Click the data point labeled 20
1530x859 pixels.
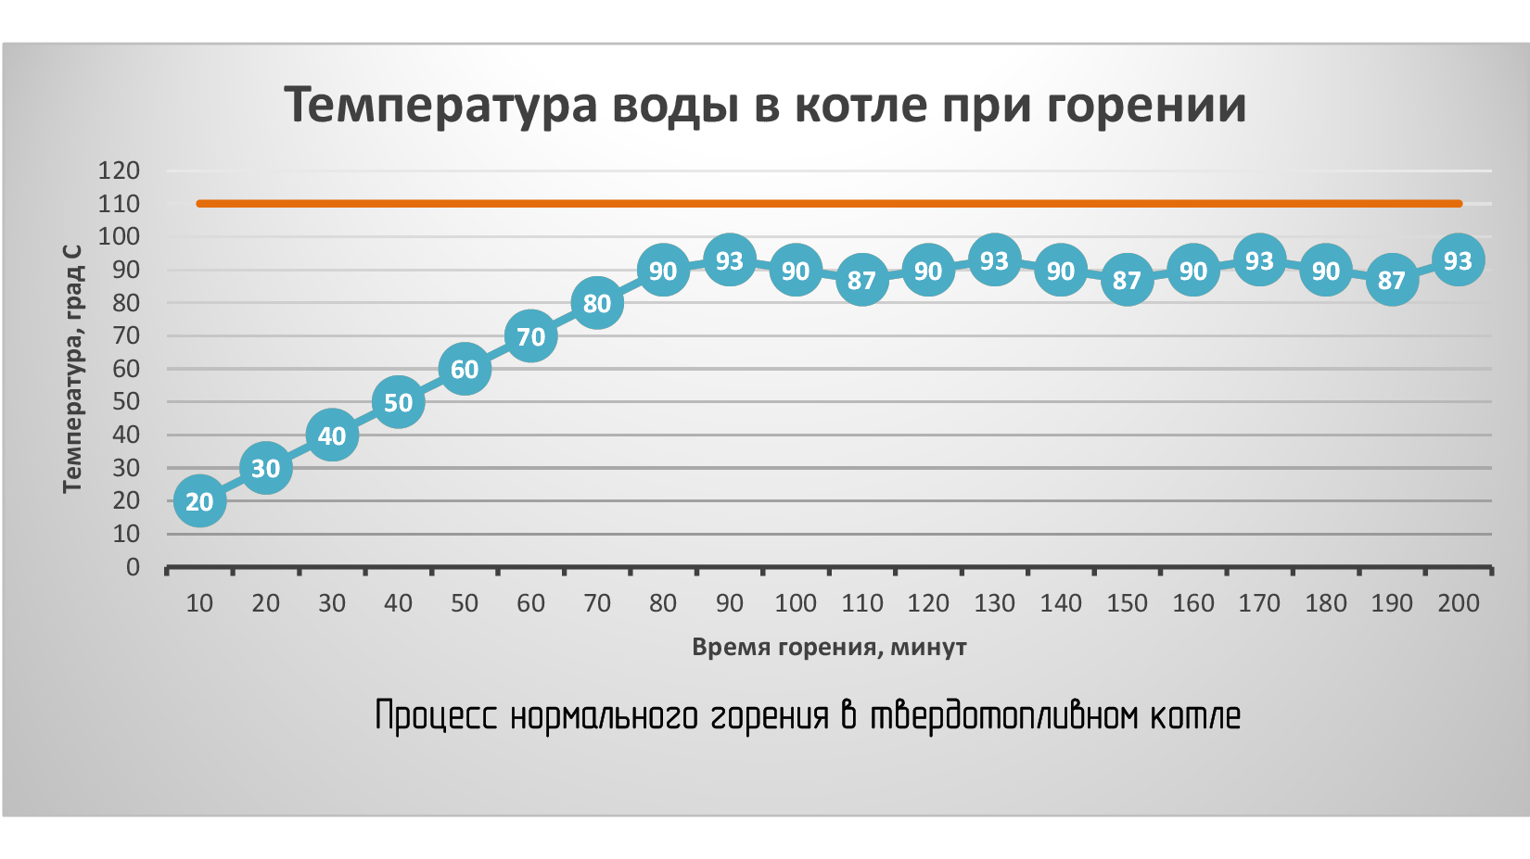point(199,501)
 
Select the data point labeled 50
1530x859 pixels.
point(398,402)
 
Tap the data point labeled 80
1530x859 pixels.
point(597,303)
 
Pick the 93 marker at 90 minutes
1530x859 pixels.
point(730,260)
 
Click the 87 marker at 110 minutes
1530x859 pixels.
point(862,280)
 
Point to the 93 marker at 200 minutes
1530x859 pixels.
point(1458,260)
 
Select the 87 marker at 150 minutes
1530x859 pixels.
point(1127,280)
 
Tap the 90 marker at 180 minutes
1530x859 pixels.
point(1326,271)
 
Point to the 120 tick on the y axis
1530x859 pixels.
point(119,171)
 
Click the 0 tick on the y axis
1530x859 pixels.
point(133,567)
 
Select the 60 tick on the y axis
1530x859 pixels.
point(125,369)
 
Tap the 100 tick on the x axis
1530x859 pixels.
point(796,603)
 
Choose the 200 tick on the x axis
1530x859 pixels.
point(1458,603)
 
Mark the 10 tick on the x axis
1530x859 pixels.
point(199,603)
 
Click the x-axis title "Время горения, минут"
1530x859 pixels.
point(829,647)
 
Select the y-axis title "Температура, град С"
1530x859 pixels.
point(72,369)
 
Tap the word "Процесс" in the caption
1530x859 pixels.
point(436,716)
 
